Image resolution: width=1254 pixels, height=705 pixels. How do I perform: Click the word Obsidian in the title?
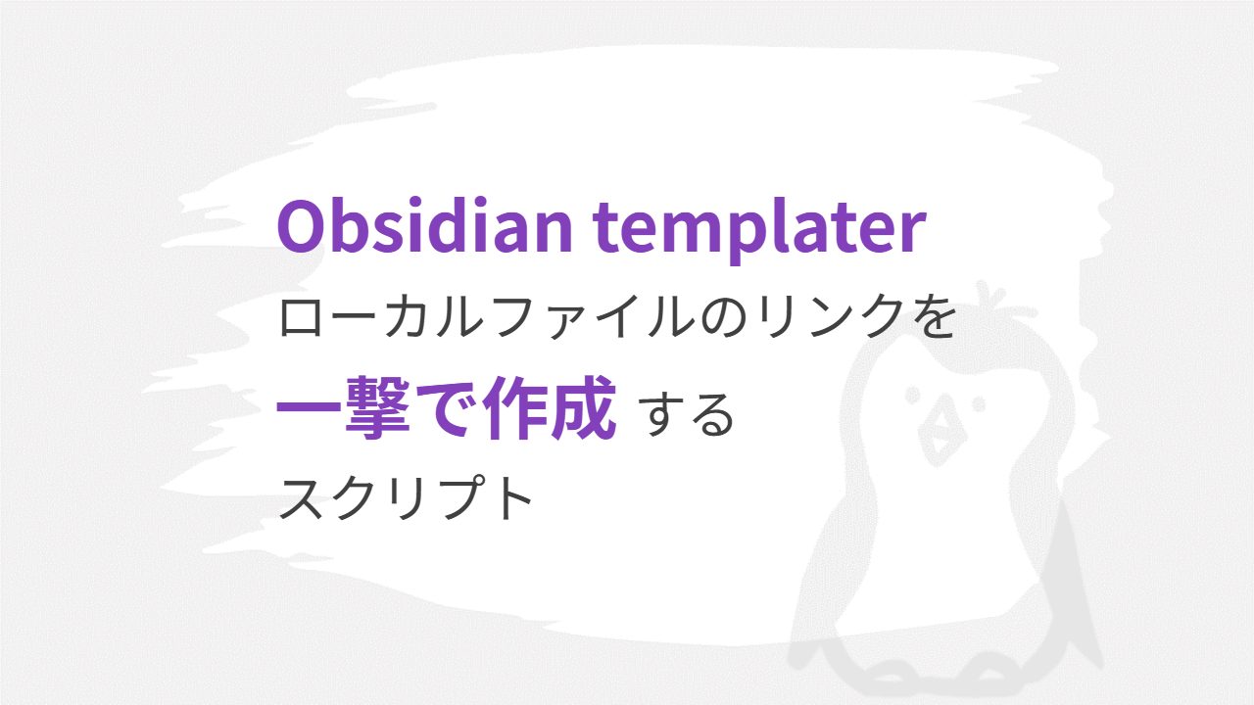(x=424, y=225)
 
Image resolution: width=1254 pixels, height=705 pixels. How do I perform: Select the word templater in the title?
(x=759, y=231)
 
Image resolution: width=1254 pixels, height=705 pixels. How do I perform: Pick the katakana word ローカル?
(x=381, y=317)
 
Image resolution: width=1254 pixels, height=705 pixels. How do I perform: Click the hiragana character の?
(x=724, y=318)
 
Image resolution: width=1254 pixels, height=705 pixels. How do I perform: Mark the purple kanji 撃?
(x=377, y=406)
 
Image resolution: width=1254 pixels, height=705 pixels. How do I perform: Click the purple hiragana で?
(x=445, y=408)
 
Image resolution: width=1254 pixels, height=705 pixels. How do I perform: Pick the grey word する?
(x=686, y=414)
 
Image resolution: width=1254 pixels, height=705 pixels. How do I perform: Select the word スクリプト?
(x=406, y=498)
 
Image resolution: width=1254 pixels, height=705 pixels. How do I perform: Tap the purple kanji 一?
(x=308, y=407)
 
